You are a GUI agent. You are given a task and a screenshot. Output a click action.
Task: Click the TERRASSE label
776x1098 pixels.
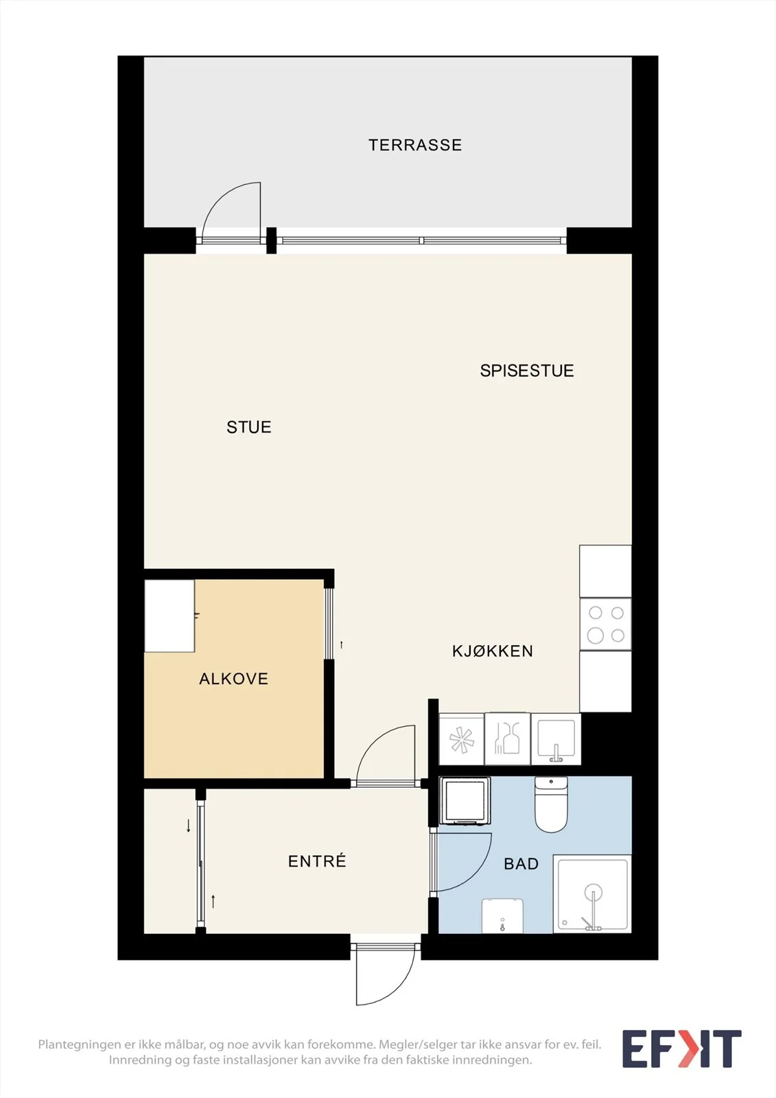point(415,145)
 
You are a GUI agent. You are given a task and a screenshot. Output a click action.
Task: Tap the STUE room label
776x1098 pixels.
point(249,428)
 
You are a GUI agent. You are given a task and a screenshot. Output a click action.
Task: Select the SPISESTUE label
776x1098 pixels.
point(527,371)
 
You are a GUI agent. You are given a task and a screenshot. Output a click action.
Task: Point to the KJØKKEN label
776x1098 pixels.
point(492,651)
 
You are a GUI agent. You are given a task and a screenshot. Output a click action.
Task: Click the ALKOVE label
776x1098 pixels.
point(234,679)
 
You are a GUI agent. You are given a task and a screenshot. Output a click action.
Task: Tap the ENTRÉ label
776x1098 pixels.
point(317,861)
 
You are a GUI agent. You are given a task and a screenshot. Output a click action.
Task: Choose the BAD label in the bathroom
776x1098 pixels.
point(521,864)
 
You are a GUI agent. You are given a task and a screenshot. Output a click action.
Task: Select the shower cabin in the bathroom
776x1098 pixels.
point(592,893)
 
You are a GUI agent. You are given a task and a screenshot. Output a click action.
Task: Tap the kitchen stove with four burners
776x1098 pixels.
point(605,624)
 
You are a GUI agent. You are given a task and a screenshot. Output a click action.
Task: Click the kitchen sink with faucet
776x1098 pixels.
point(556,739)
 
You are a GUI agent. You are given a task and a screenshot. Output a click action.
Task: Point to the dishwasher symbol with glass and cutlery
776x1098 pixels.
point(507,739)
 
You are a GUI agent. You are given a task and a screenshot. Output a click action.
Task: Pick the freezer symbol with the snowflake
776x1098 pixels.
point(461,739)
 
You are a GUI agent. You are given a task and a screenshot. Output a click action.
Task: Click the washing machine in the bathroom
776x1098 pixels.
point(465,800)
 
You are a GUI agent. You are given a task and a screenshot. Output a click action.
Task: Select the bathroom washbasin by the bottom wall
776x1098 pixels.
point(502,915)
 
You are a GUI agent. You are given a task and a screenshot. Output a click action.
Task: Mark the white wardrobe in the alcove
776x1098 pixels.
point(169,616)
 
